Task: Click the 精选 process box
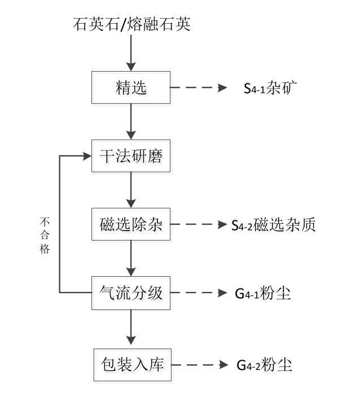click(131, 88)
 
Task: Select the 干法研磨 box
click(131, 157)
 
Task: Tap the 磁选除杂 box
click(131, 225)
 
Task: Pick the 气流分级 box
click(131, 293)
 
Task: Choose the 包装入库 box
click(131, 364)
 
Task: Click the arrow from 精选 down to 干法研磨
click(131, 122)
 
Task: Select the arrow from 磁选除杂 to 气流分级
click(131, 259)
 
